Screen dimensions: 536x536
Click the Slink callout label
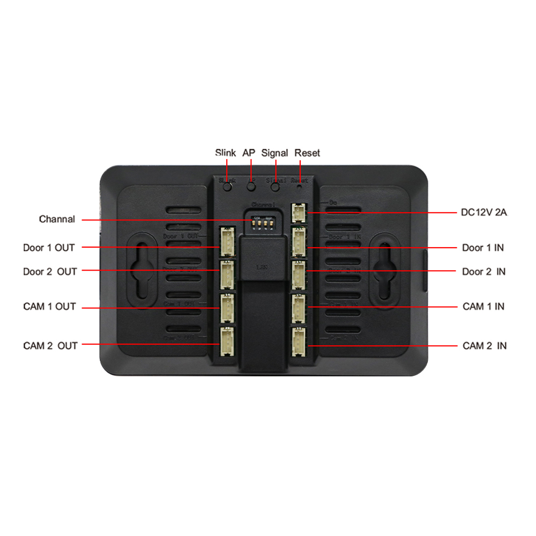[225, 153]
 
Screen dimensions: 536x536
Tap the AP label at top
[249, 153]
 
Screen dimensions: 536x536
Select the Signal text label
[274, 153]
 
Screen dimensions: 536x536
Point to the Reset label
[307, 153]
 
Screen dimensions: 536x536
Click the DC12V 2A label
[484, 212]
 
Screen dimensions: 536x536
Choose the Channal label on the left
[57, 219]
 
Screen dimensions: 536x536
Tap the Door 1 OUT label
[49, 248]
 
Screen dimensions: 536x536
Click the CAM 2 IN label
[484, 346]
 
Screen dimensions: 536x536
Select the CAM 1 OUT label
[49, 307]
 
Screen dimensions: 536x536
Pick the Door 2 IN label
[483, 272]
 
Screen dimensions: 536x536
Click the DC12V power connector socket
[298, 213]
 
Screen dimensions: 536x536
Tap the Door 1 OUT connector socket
[227, 241]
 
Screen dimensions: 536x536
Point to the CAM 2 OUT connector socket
[227, 342]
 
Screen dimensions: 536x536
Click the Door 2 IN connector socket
[298, 274]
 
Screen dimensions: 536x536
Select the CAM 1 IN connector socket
[298, 308]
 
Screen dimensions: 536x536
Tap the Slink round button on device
[228, 187]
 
